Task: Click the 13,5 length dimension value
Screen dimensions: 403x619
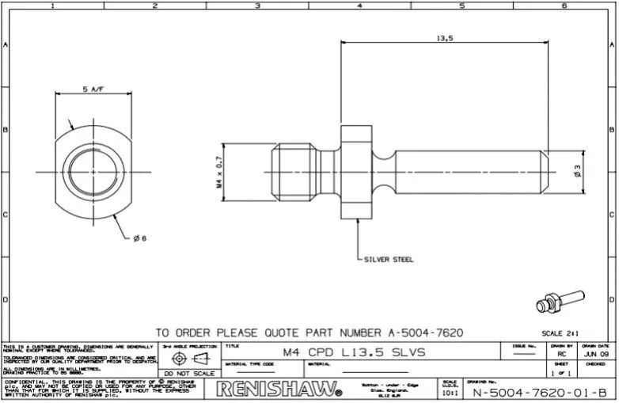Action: pyautogui.click(x=443, y=36)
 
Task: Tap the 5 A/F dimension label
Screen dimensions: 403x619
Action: pyautogui.click(x=93, y=89)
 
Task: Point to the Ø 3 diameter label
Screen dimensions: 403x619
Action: pyautogui.click(x=577, y=169)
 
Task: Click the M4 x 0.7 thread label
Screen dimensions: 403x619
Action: pyautogui.click(x=219, y=171)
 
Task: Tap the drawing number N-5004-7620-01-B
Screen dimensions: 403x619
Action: pyautogui.click(x=539, y=391)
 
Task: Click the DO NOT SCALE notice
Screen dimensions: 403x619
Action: pyautogui.click(x=189, y=372)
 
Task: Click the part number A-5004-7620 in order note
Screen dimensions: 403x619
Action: pyautogui.click(x=423, y=333)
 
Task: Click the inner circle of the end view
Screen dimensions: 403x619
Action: pyautogui.click(x=93, y=171)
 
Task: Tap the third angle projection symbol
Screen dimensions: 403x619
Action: pyautogui.click(x=189, y=358)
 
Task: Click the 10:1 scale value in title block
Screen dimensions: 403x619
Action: pyautogui.click(x=449, y=392)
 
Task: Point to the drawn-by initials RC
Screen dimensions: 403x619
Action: pyautogui.click(x=562, y=355)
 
